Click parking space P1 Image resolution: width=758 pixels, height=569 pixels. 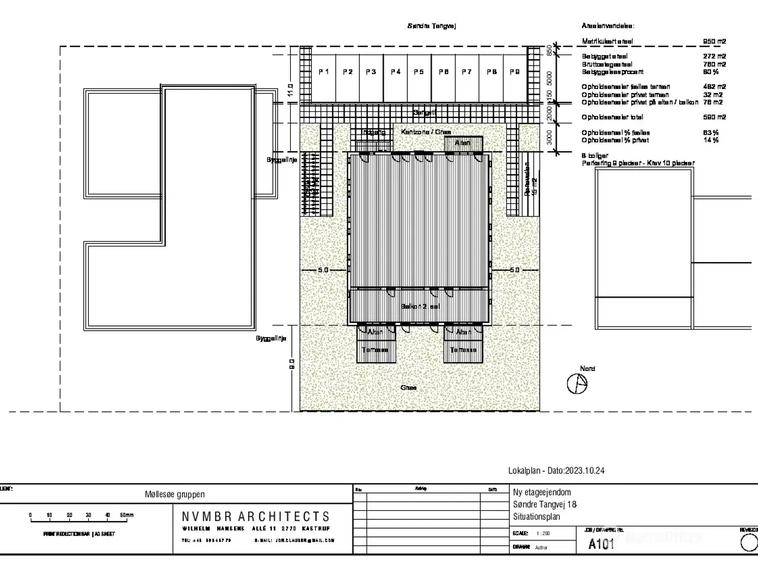324,72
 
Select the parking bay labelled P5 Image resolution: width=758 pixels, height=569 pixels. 419,72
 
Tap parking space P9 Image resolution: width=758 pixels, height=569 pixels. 514,72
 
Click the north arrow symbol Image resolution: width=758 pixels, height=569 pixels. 577,384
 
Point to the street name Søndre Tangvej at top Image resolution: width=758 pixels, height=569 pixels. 432,26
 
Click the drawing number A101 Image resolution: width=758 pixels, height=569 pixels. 601,544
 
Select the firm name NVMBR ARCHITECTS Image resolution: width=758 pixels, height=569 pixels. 256,517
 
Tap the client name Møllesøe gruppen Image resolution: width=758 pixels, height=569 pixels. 175,494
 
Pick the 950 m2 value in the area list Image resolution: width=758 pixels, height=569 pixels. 714,41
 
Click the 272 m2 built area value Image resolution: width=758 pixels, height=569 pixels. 714,56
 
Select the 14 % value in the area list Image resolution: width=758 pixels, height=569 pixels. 711,140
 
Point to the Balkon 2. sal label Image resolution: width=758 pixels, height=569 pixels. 420,306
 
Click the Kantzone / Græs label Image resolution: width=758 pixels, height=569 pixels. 426,132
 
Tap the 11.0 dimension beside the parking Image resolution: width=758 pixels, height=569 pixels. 290,90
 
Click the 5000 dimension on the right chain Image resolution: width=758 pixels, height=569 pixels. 550,78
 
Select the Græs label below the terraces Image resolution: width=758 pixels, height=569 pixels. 408,388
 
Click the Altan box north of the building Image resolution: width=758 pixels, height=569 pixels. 462,143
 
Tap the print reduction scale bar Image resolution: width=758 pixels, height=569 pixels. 80,519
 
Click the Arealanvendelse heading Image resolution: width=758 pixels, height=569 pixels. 608,26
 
